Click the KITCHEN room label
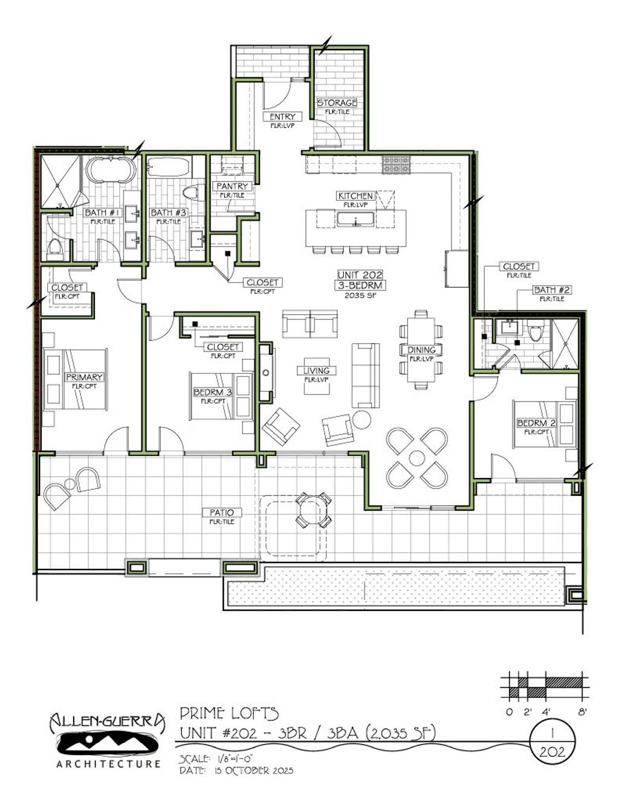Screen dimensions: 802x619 pyautogui.click(x=355, y=196)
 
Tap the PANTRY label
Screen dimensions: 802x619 pyautogui.click(x=232, y=186)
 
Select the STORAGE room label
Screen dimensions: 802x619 pyautogui.click(x=337, y=103)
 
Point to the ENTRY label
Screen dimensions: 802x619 pyautogui.click(x=282, y=117)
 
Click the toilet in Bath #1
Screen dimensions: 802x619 pyautogui.click(x=55, y=248)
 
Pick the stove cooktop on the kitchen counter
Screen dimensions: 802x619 pyautogui.click(x=396, y=163)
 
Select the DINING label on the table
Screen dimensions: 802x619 pyautogui.click(x=421, y=350)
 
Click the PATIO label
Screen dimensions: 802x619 pyautogui.click(x=222, y=513)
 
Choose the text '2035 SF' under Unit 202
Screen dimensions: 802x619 pyautogui.click(x=360, y=295)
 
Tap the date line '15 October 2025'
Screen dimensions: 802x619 pyautogui.click(x=236, y=771)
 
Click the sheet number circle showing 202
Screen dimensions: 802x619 pyautogui.click(x=552, y=742)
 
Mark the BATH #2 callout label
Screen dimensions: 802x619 pyautogui.click(x=551, y=290)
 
